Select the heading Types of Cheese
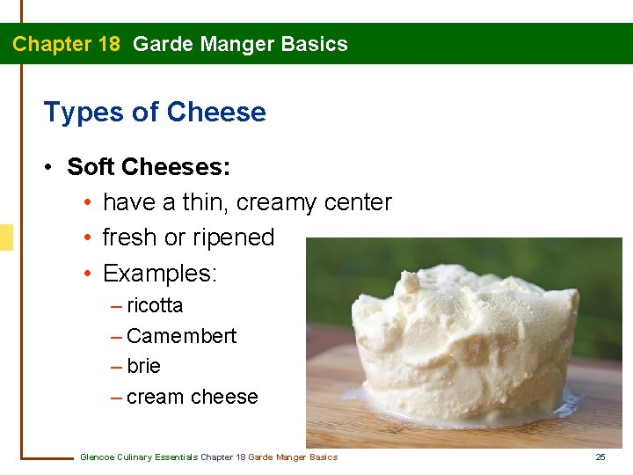155,112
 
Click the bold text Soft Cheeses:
149,166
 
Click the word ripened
238,237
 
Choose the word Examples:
159,274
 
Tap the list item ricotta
155,306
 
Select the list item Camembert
181,336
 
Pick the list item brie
143,366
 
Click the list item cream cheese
192,397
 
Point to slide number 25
600,457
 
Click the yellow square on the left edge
6,237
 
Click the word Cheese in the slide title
216,112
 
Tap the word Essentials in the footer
174,457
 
